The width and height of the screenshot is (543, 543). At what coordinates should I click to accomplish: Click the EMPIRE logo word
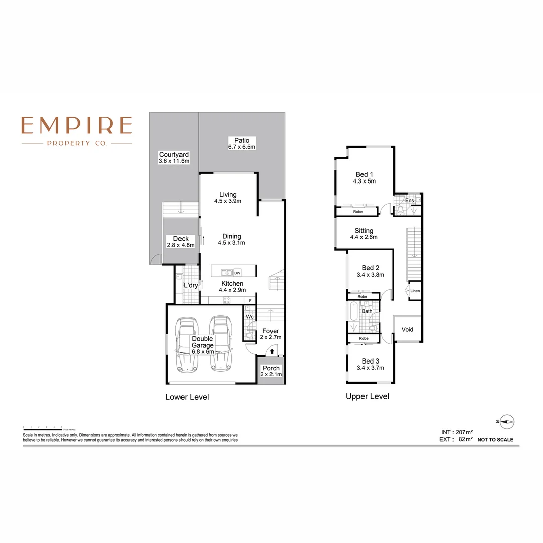point(76,125)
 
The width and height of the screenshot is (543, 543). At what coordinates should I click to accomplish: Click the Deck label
point(180,239)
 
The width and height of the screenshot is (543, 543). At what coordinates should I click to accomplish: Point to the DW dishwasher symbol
point(237,273)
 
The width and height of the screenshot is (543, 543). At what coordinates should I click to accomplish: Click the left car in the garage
point(186,345)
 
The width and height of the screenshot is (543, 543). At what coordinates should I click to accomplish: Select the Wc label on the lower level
point(249,317)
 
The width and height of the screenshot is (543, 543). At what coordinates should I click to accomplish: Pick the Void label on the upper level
point(407,329)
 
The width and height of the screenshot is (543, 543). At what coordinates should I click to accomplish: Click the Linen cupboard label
point(415,291)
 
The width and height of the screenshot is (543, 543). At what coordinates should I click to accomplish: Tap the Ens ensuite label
point(410,201)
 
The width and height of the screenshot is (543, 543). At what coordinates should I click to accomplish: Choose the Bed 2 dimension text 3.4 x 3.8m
point(370,275)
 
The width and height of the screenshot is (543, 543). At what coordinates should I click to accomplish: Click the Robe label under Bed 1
point(357,212)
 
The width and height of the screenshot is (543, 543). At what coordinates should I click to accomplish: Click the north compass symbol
point(506,421)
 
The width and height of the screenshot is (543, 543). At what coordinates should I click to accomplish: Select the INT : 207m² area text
point(457,432)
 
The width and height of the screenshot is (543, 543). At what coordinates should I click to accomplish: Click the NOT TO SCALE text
point(495,440)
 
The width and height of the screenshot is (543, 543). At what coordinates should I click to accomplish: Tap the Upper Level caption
point(367,396)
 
